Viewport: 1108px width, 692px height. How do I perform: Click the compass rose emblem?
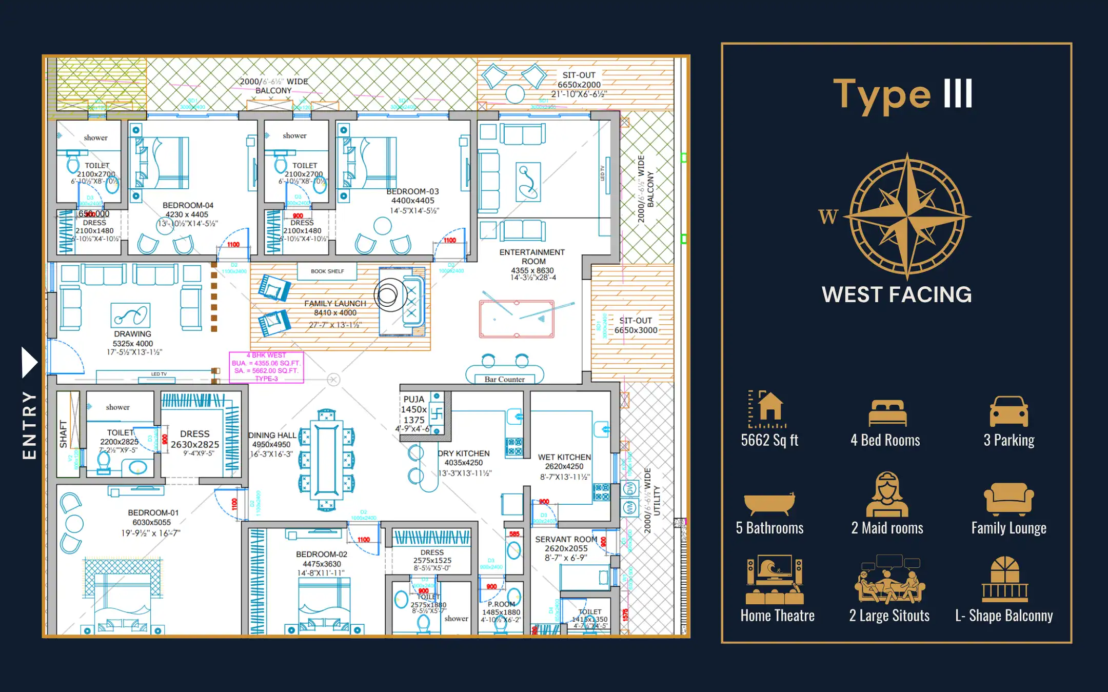tap(907, 216)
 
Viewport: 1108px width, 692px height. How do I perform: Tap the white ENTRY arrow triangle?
tap(29, 362)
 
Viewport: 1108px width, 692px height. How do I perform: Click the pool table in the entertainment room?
tap(517, 319)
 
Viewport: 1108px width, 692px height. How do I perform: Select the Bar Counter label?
tap(504, 380)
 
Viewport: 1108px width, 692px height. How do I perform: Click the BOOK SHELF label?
tap(327, 271)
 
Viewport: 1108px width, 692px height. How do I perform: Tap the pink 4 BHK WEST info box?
tap(266, 367)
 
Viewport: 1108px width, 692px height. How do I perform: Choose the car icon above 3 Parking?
tap(1008, 411)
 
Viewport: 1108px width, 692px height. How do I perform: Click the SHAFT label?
tap(63, 434)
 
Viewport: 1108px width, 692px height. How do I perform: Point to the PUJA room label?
tap(413, 399)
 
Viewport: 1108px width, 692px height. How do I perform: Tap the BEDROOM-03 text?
tap(412, 191)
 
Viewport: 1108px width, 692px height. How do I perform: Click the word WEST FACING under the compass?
tap(897, 295)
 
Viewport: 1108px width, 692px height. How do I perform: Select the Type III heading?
tap(903, 95)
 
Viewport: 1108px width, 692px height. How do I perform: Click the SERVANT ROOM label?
tap(566, 539)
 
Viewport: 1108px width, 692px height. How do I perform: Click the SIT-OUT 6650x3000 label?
tap(636, 325)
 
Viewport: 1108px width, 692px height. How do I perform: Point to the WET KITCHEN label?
tap(564, 457)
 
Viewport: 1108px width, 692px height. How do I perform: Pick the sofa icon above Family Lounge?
tap(1008, 499)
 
